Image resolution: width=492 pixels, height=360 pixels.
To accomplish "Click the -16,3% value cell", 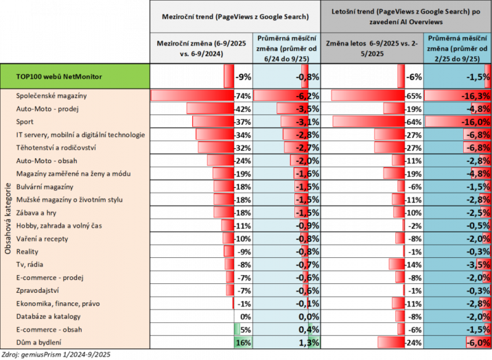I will [457, 96].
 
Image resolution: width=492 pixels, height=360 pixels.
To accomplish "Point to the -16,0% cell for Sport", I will [457, 121].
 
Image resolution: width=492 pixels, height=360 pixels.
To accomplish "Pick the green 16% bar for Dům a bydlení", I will [242, 342].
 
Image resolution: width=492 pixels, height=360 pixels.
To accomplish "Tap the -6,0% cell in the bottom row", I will [457, 342].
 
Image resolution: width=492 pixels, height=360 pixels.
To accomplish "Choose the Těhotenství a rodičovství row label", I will [56, 147].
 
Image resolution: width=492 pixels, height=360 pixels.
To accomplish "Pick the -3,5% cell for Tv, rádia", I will [457, 264].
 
